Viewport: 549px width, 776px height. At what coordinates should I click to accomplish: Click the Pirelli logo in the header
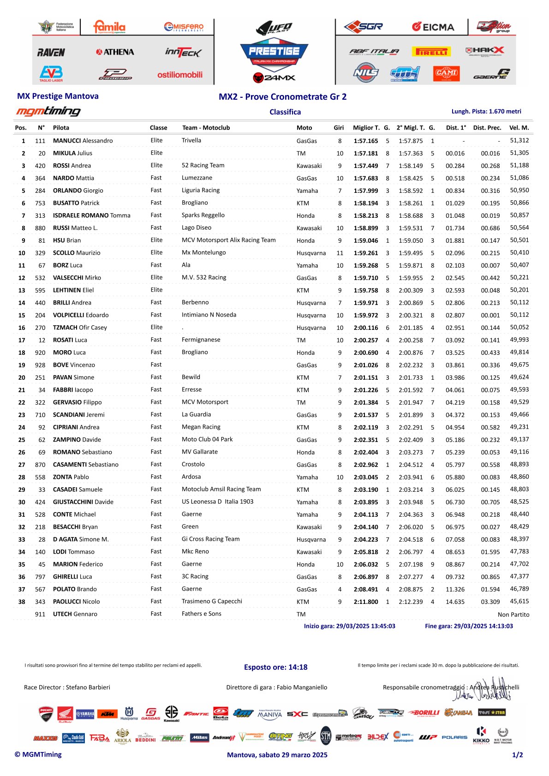click(x=432, y=52)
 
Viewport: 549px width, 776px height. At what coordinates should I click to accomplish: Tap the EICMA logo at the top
click(x=433, y=27)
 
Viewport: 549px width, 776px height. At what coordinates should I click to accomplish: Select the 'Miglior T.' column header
click(x=366, y=128)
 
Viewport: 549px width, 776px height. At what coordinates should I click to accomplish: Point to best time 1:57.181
click(x=366, y=153)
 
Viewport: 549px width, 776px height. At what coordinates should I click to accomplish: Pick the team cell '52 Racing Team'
click(x=203, y=166)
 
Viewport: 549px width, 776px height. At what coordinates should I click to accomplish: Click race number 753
click(x=40, y=203)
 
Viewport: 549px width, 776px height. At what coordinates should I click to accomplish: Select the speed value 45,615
click(x=519, y=602)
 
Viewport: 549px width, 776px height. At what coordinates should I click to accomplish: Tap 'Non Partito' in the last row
click(x=513, y=615)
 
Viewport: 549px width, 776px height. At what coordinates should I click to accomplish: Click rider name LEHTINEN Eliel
click(x=73, y=290)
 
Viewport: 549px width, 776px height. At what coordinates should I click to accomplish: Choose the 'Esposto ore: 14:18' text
click(x=275, y=667)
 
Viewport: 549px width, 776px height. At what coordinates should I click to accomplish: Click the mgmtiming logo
click(x=48, y=111)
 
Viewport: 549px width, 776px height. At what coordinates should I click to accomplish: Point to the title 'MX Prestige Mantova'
click(x=58, y=96)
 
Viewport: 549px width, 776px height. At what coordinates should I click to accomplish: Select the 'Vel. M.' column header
click(x=519, y=128)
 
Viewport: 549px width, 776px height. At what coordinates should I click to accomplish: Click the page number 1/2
click(x=517, y=755)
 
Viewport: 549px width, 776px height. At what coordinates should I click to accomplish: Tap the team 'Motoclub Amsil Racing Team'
click(x=221, y=489)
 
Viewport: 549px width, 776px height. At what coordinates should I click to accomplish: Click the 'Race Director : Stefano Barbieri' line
click(x=67, y=687)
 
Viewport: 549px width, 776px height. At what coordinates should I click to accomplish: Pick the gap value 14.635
click(x=455, y=602)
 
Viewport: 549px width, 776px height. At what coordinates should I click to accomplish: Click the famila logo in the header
click(x=109, y=27)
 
